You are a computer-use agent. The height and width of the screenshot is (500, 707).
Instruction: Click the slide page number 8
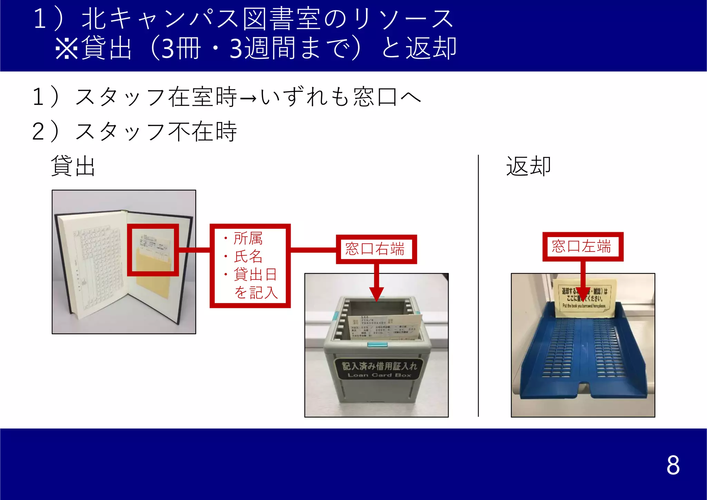[x=673, y=465]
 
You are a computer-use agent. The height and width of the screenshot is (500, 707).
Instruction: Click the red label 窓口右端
[x=376, y=249]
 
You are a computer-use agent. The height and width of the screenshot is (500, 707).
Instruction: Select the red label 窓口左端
[x=582, y=246]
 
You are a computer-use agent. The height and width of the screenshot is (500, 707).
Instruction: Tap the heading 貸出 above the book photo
[x=73, y=166]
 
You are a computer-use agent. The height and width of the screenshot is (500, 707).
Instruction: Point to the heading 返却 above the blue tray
[x=528, y=166]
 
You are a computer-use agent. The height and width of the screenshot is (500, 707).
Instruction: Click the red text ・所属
[x=243, y=238]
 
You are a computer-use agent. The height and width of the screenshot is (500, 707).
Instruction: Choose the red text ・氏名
[x=243, y=256]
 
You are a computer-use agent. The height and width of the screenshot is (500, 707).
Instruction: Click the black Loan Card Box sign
[x=379, y=369]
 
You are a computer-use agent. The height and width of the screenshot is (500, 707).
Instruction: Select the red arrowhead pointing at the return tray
[x=583, y=295]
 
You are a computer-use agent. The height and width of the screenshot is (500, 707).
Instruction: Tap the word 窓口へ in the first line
[x=387, y=97]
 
